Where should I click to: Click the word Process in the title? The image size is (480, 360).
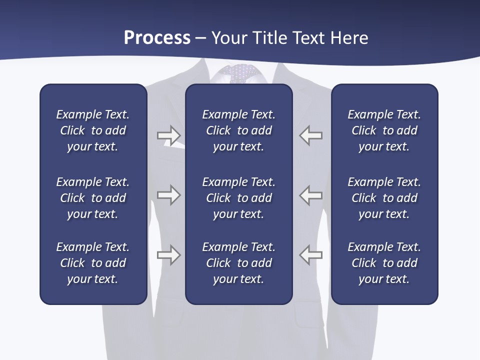point(157,38)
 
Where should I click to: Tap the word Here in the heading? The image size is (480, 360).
point(349,38)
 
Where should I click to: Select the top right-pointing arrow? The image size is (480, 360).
point(169,135)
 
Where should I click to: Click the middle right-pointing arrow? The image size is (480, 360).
point(169,194)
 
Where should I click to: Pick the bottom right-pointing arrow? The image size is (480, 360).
point(169,254)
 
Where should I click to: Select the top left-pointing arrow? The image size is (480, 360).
point(311,135)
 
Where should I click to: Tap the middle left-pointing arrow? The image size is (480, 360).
point(311,194)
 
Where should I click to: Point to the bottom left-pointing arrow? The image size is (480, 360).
point(311,254)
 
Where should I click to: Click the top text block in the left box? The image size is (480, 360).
point(93,130)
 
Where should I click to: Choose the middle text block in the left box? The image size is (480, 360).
point(93,198)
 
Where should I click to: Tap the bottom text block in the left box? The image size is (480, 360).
point(93,263)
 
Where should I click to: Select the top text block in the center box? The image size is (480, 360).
point(238,130)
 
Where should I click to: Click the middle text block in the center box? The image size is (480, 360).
point(238,198)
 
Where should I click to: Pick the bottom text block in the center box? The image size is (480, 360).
point(238,263)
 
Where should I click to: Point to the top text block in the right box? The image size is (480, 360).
point(384,130)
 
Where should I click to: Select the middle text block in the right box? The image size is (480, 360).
point(384,198)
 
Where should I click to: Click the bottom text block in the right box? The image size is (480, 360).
point(384,263)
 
